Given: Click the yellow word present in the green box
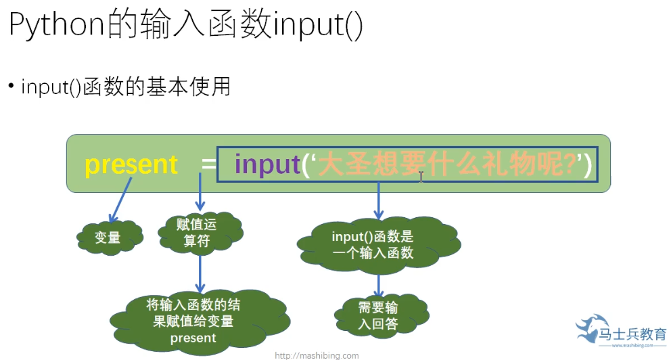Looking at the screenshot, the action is (x=131, y=164).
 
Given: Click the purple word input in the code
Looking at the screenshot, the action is (x=267, y=164).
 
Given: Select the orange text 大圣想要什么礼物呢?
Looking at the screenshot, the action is (x=446, y=164).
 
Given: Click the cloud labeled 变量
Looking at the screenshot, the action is (x=108, y=238).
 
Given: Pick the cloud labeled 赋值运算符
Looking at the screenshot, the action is (x=200, y=233).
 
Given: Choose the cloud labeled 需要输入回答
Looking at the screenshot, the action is (x=379, y=315).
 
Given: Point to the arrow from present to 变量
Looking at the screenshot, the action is (x=120, y=198).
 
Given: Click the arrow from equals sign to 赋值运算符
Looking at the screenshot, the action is (x=200, y=193).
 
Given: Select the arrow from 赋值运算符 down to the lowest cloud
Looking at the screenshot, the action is (x=200, y=271).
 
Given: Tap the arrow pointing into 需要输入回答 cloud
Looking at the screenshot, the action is (x=379, y=284).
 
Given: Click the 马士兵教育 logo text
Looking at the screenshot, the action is (x=633, y=334).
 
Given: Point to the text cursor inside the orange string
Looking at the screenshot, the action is (x=421, y=177).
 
